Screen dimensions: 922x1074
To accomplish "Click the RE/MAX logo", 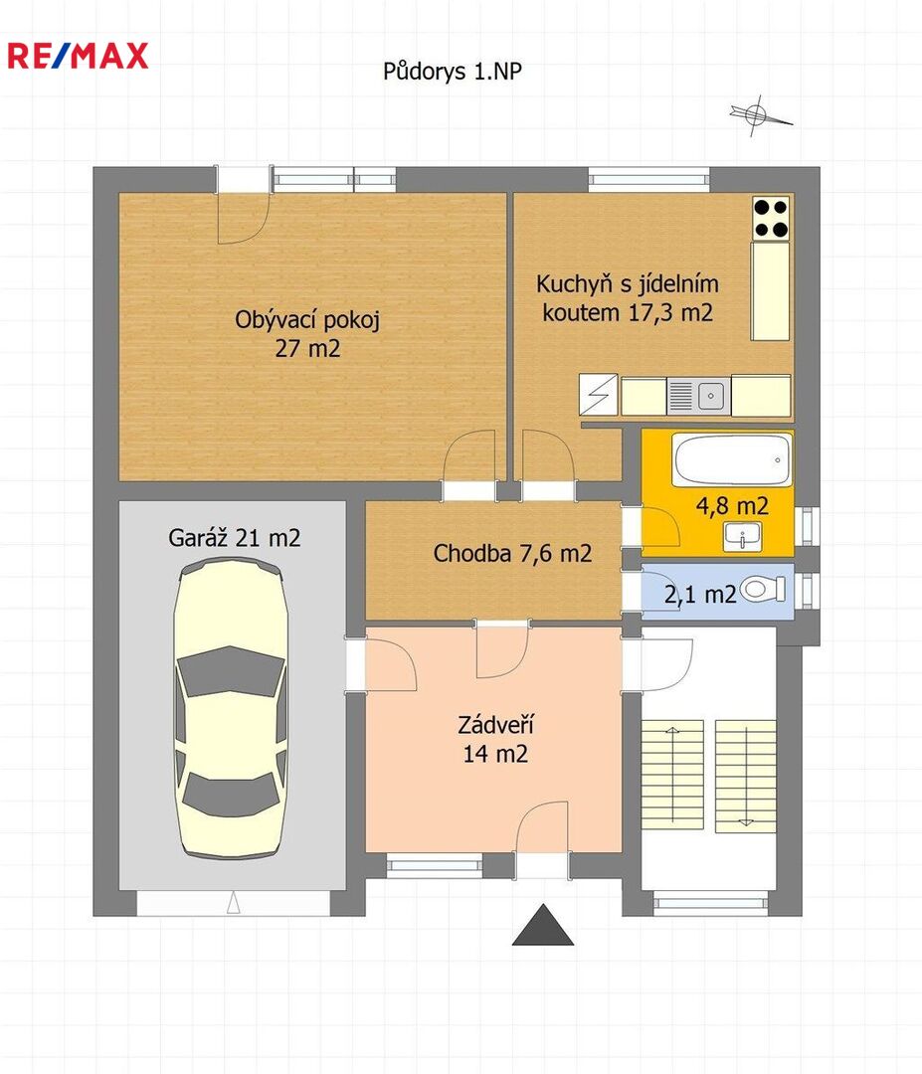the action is pyautogui.click(x=79, y=56).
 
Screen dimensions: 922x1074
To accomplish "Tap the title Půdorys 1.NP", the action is pyautogui.click(x=453, y=72).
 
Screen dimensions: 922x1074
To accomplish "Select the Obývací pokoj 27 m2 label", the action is pyautogui.click(x=307, y=333).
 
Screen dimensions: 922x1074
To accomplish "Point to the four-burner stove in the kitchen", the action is pyautogui.click(x=771, y=219).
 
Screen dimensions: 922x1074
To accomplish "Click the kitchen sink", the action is pyautogui.click(x=698, y=395).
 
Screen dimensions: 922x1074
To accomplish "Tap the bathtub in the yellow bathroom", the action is pyautogui.click(x=732, y=459).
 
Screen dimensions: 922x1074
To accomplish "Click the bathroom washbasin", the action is pyautogui.click(x=743, y=536).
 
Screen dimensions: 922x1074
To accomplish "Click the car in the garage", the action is pyautogui.click(x=231, y=708).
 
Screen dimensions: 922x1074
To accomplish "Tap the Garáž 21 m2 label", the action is pyautogui.click(x=235, y=538).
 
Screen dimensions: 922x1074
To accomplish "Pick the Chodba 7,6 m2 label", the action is pyautogui.click(x=512, y=553).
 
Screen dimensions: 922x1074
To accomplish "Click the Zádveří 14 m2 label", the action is pyautogui.click(x=495, y=739).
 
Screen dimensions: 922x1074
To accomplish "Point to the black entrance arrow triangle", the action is pyautogui.click(x=543, y=926).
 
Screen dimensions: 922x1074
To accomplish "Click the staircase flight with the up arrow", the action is pyautogui.click(x=672, y=774).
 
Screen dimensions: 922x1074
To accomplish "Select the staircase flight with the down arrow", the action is pyautogui.click(x=745, y=776).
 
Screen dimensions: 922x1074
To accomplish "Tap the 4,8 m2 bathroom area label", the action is pyautogui.click(x=732, y=506).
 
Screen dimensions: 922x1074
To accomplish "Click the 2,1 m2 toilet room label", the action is pyautogui.click(x=700, y=594).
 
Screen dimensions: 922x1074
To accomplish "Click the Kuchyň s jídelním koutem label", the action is pyautogui.click(x=628, y=298).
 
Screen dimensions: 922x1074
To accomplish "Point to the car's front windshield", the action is pyautogui.click(x=231, y=671).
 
